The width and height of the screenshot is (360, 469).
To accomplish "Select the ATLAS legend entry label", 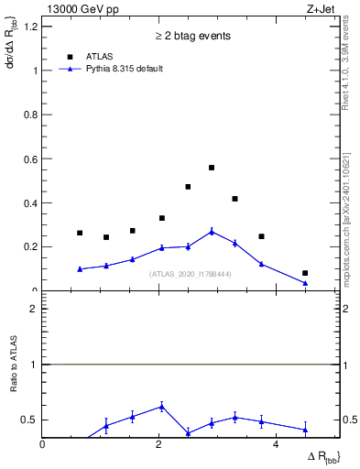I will [x=99, y=55].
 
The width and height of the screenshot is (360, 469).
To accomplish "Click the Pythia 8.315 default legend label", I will [x=125, y=69].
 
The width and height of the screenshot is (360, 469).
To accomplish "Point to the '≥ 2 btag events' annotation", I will [x=191, y=36].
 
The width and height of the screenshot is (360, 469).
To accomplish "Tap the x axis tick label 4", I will [x=277, y=444].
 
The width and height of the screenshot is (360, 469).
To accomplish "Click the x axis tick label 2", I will [x=159, y=444].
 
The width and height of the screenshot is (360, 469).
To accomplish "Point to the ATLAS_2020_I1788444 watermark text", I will [x=191, y=274].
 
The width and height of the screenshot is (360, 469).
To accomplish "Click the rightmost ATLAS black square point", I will [x=305, y=273].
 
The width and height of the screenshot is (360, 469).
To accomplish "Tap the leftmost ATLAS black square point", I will [x=80, y=233].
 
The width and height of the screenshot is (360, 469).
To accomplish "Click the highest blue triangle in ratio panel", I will [x=161, y=407].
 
